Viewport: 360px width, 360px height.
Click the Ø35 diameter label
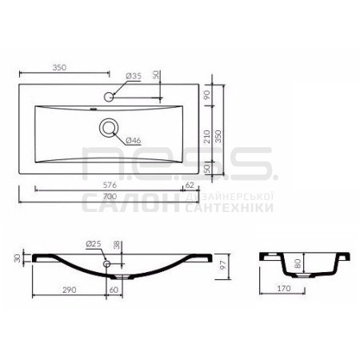tap(134, 76)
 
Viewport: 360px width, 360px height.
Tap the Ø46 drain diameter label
tap(133, 140)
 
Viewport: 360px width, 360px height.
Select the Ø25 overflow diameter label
tap(94, 243)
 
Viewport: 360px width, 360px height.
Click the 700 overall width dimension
tap(110, 197)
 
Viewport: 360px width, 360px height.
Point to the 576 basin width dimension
tap(110, 185)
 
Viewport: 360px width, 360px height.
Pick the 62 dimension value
tap(190, 185)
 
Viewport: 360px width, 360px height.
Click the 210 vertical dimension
tap(207, 137)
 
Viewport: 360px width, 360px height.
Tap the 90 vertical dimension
tap(207, 94)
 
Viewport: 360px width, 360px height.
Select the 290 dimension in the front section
tap(70, 290)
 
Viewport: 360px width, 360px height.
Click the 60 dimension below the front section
tap(114, 290)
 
